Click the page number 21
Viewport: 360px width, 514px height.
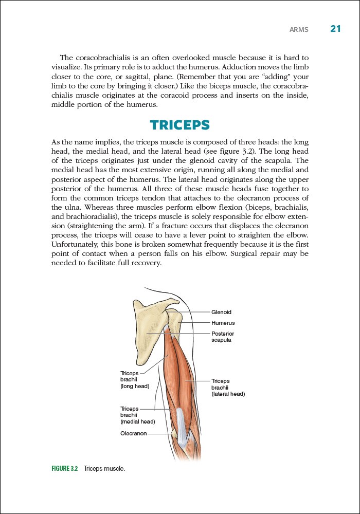pos(335,29)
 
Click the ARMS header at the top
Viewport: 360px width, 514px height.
pos(299,30)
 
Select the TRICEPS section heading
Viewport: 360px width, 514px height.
pos(180,125)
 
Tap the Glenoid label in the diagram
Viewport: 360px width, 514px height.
pos(222,312)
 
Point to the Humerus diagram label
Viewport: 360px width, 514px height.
pos(223,323)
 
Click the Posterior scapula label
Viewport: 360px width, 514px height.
pos(223,337)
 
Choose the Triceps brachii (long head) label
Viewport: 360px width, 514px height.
pos(134,379)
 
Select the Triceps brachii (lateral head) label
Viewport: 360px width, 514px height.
pos(228,387)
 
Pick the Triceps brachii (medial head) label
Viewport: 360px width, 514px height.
pos(137,415)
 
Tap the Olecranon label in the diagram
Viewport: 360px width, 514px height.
pos(133,433)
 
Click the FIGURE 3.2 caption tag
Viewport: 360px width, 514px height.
pos(64,469)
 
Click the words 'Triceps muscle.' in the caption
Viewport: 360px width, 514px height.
pos(104,469)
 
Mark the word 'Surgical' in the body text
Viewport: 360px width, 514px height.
pos(243,254)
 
